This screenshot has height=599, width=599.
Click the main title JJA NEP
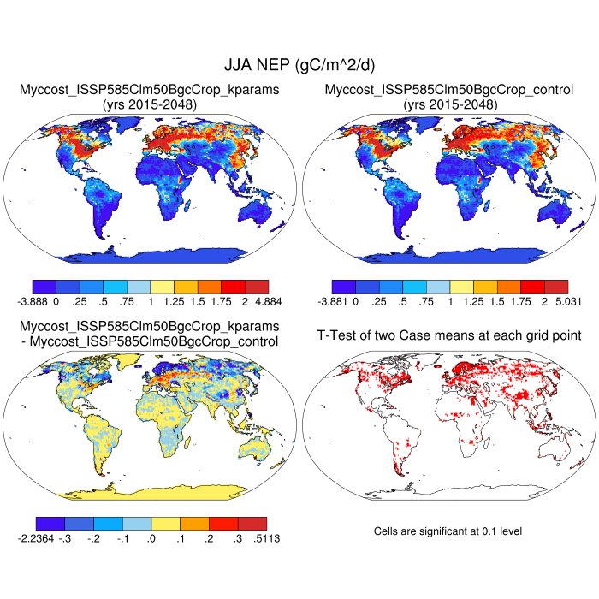299,65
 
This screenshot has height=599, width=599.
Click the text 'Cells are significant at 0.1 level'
448,531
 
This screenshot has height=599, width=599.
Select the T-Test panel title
449,335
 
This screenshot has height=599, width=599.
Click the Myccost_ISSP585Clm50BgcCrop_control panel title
449,90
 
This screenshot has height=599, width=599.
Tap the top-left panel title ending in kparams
150,90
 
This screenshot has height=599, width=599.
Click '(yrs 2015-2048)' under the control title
449,104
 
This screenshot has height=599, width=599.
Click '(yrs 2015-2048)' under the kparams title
150,104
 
